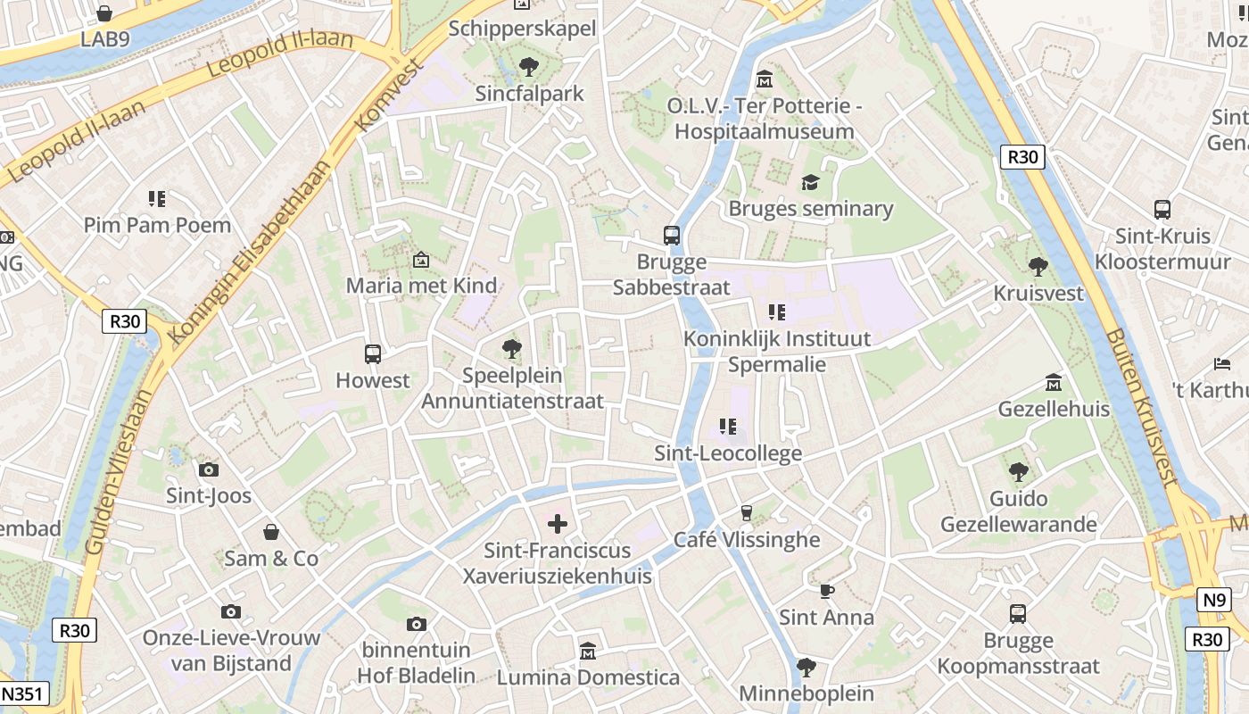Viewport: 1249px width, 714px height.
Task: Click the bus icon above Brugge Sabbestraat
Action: (x=672, y=236)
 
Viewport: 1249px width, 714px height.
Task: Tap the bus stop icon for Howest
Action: (x=373, y=353)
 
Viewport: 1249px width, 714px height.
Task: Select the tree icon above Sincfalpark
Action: (x=529, y=66)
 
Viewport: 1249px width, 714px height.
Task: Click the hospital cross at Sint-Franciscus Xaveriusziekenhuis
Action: (x=558, y=523)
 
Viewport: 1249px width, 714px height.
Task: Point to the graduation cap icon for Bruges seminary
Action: (x=810, y=182)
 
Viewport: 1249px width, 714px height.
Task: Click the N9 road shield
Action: (x=1214, y=600)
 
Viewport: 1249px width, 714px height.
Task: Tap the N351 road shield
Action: (x=24, y=694)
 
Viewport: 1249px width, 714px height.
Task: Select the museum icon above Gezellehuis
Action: (x=1054, y=382)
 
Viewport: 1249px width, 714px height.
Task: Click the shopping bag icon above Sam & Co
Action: (x=271, y=532)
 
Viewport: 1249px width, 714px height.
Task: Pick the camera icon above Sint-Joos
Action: (x=209, y=469)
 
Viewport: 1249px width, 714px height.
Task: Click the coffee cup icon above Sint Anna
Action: (x=826, y=591)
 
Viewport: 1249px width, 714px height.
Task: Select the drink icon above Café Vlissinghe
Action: (x=747, y=513)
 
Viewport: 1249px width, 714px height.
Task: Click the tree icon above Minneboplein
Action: (x=806, y=667)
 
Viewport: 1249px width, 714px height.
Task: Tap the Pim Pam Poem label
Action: (x=157, y=225)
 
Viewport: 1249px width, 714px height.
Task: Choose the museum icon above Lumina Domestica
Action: (x=588, y=651)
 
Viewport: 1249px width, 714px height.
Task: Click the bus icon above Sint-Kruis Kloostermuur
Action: (x=1162, y=210)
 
